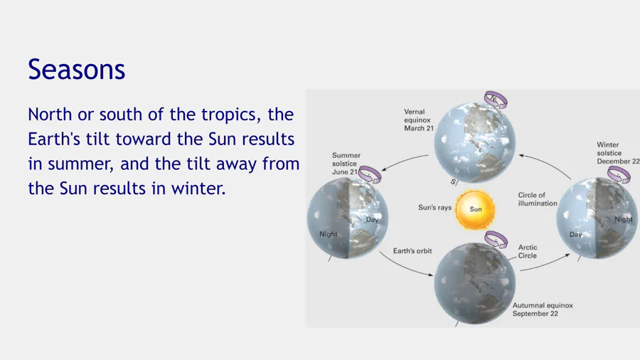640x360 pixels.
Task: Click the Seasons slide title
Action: pyautogui.click(x=76, y=69)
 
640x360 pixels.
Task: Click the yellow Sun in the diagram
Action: pyautogui.click(x=475, y=210)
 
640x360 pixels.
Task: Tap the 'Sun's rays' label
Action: pyautogui.click(x=434, y=207)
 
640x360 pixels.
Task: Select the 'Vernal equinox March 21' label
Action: pyautogui.click(x=419, y=120)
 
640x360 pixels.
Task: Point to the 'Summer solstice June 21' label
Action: pyautogui.click(x=346, y=164)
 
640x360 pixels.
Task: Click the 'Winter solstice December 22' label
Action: pyautogui.click(x=618, y=153)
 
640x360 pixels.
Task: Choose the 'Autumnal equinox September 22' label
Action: pyautogui.click(x=543, y=309)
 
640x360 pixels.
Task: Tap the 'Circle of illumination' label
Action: pyautogui.click(x=538, y=199)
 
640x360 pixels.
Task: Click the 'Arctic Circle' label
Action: pyautogui.click(x=528, y=251)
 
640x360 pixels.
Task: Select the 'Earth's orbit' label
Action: pyautogui.click(x=412, y=251)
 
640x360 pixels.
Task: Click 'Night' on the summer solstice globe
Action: pyautogui.click(x=328, y=234)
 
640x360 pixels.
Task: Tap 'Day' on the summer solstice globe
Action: pyautogui.click(x=372, y=220)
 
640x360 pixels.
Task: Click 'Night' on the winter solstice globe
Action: pyautogui.click(x=623, y=219)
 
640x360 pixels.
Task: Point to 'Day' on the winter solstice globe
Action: pyautogui.click(x=575, y=234)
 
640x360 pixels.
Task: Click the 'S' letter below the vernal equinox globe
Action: pyautogui.click(x=453, y=181)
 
